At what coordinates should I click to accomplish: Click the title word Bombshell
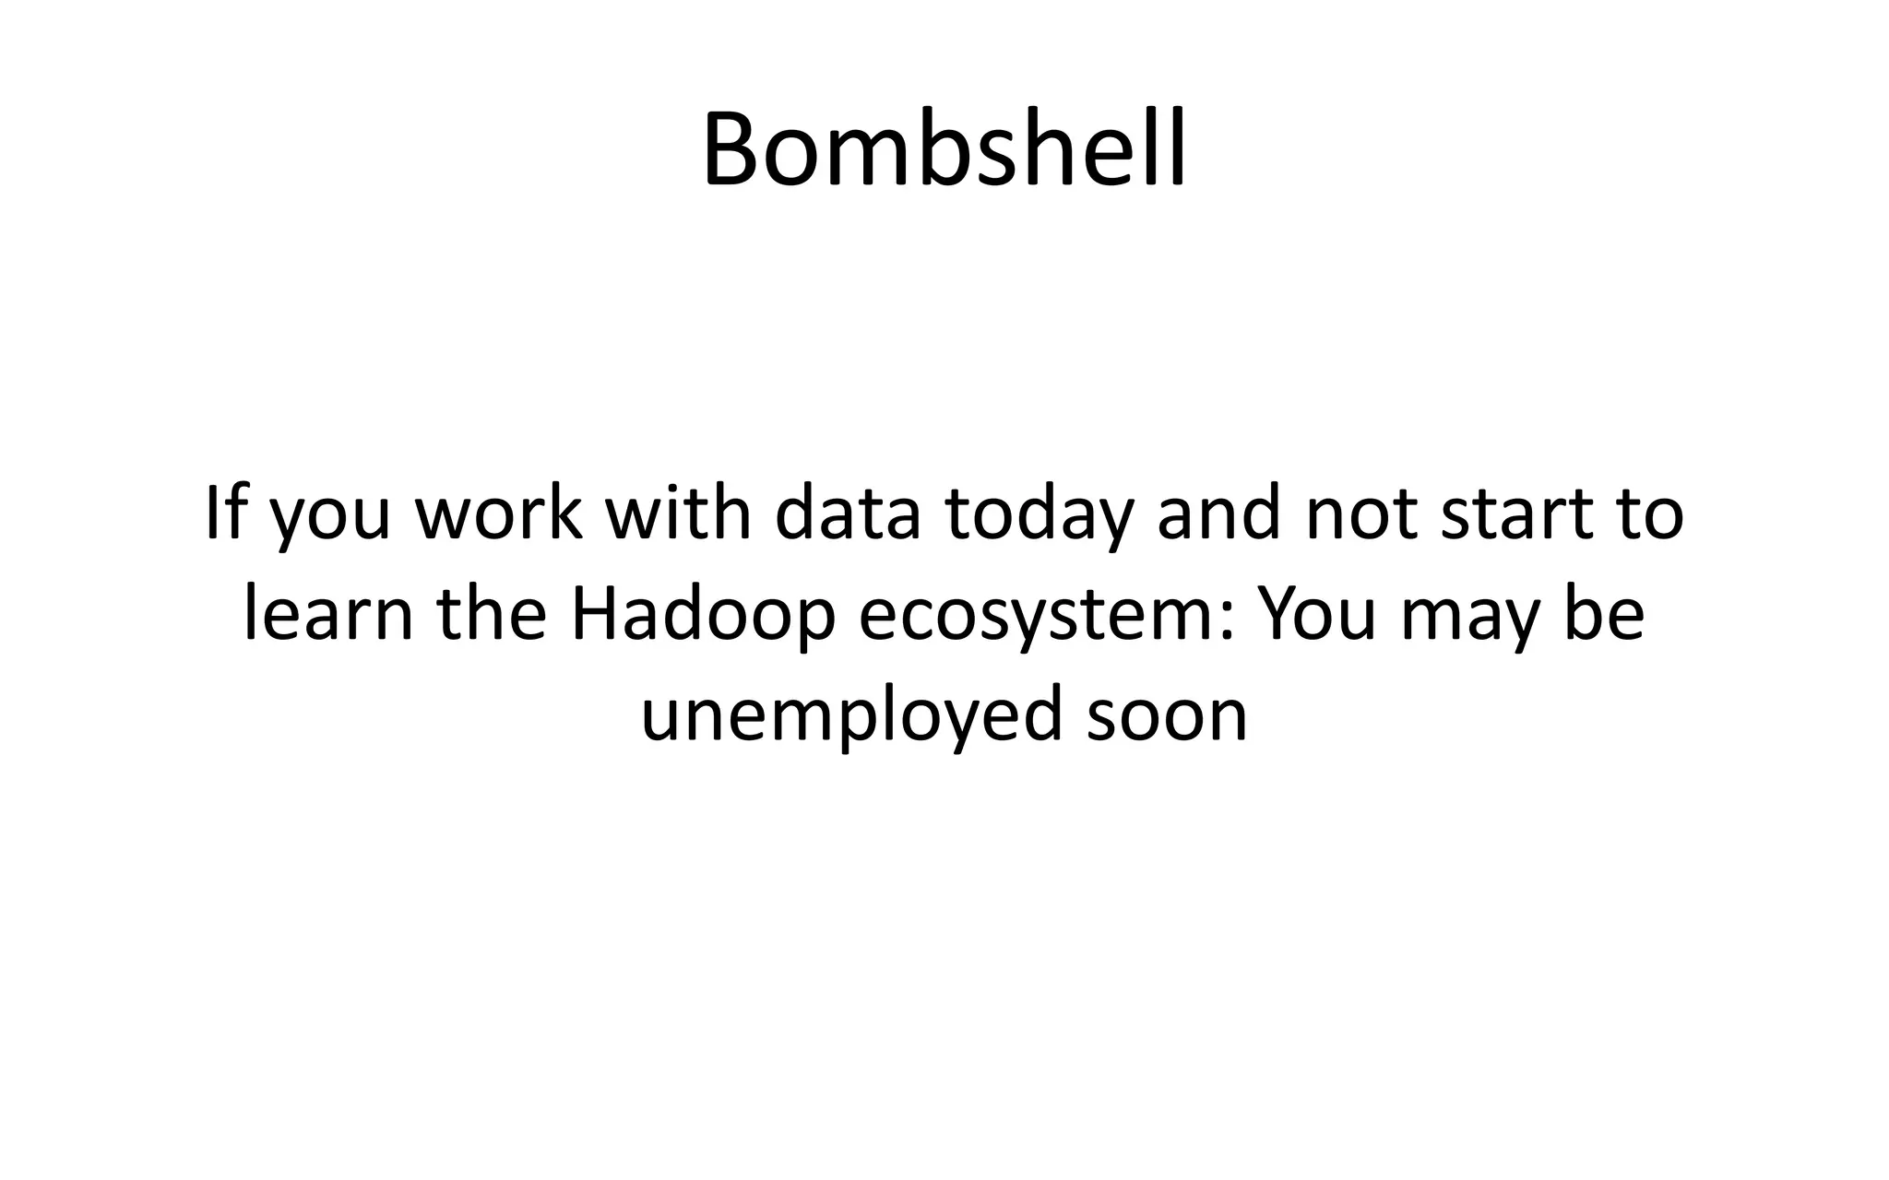click(944, 149)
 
